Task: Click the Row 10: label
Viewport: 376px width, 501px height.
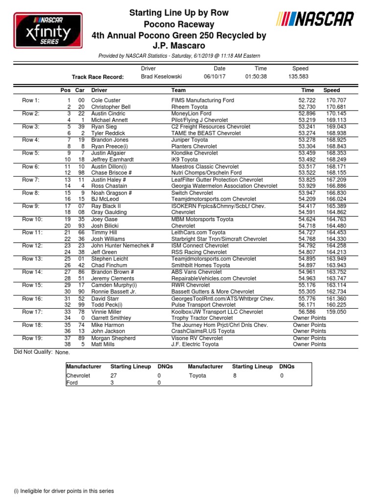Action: coord(32,219)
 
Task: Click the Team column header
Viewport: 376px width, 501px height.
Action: coord(178,91)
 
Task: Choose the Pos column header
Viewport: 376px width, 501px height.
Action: coord(65,91)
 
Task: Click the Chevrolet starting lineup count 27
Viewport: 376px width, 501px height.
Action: coord(114,376)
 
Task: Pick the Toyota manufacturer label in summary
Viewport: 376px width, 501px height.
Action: coord(198,376)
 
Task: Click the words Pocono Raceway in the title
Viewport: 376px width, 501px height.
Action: coord(179,24)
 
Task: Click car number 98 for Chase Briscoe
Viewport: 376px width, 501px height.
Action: coord(82,173)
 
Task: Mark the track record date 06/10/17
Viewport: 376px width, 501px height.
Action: coord(214,77)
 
